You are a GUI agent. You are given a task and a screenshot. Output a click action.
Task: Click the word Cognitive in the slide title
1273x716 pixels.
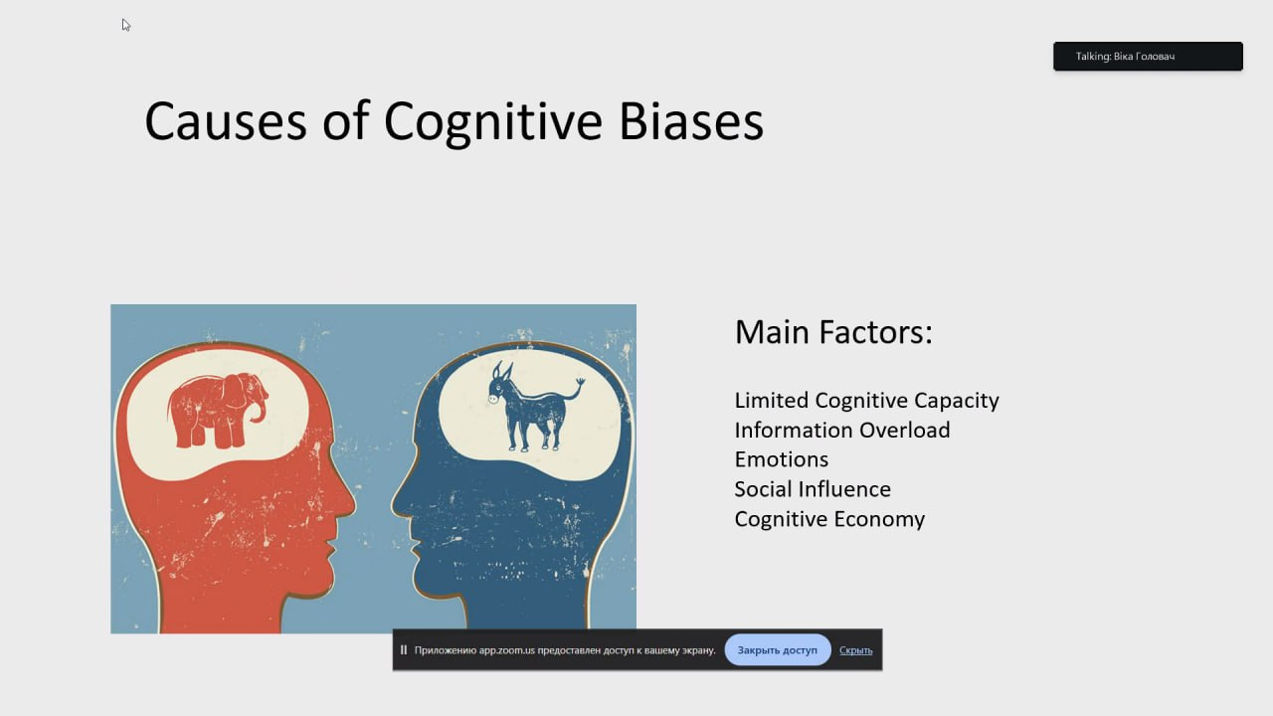[x=492, y=123]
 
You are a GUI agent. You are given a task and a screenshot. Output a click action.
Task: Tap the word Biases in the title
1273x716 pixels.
[x=691, y=121]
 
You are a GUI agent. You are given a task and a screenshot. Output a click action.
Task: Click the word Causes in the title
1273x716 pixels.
[x=226, y=121]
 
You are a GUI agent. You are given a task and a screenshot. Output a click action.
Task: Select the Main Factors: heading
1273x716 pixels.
[x=833, y=332]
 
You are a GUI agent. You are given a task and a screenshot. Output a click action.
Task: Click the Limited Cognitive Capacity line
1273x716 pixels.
[x=866, y=401]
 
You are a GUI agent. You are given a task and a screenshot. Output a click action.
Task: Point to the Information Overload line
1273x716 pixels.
[x=842, y=431]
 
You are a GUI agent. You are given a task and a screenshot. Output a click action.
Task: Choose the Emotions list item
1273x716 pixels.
[x=782, y=459]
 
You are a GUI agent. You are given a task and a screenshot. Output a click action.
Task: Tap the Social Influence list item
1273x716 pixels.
[x=813, y=489]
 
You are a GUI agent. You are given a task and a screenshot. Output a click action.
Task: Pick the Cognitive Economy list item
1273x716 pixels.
[x=829, y=520]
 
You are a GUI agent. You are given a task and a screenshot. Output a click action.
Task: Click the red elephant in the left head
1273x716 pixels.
[x=217, y=411]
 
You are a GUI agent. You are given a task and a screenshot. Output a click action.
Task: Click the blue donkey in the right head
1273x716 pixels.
[x=534, y=407]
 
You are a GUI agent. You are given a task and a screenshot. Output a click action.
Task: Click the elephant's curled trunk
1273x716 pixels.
[x=260, y=410]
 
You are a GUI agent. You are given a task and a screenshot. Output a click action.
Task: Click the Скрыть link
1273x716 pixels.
[x=856, y=650]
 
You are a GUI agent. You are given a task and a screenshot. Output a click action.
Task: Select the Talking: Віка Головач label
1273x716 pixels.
[x=1125, y=57]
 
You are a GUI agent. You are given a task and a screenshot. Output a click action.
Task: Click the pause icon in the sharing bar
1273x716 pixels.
[x=404, y=650]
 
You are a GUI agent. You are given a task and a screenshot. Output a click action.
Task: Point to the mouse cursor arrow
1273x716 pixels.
[x=125, y=25]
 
